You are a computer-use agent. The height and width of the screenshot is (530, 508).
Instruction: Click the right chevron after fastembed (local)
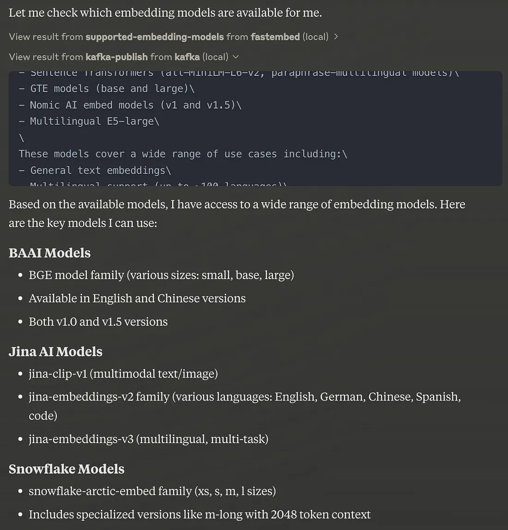point(336,37)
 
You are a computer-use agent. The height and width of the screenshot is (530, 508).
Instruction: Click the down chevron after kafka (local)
point(236,57)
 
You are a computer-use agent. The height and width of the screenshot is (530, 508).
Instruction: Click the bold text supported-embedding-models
point(155,37)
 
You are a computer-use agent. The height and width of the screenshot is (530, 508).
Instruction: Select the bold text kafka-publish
point(116,57)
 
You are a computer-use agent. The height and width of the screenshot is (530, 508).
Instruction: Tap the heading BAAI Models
point(49,253)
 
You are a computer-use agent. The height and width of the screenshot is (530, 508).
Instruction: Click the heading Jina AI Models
point(55,352)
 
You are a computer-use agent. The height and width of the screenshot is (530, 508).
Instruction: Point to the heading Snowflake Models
point(67,469)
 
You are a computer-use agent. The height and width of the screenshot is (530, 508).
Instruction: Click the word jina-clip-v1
point(58,373)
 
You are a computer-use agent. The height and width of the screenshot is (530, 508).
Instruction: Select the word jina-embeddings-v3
point(81,439)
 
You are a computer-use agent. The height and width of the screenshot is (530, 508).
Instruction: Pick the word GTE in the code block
point(39,89)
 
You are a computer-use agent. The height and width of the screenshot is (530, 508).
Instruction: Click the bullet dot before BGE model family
point(20,275)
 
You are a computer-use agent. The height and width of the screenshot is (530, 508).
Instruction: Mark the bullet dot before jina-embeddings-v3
point(20,439)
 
